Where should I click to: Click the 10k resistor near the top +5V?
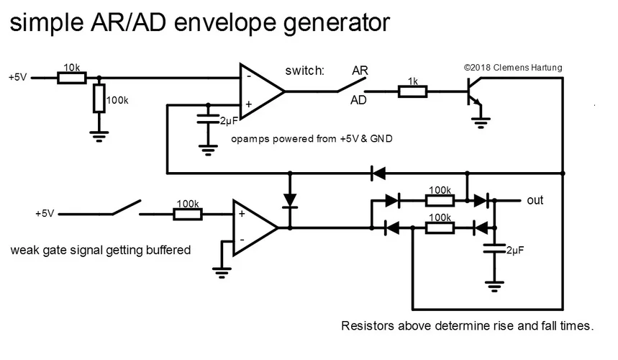pos(71,77)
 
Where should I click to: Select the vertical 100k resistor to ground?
pos(99,99)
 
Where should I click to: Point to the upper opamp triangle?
pos(260,91)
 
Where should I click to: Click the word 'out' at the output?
pos(535,200)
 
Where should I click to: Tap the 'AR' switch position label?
pos(360,71)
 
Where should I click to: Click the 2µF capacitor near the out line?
pos(494,250)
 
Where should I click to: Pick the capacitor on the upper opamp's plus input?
pos(208,117)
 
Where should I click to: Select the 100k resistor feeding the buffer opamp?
pos(188,214)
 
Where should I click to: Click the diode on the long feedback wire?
pos(377,173)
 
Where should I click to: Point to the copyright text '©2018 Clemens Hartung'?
pos(513,68)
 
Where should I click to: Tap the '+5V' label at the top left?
pos(17,77)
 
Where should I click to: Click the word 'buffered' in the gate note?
pos(165,251)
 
